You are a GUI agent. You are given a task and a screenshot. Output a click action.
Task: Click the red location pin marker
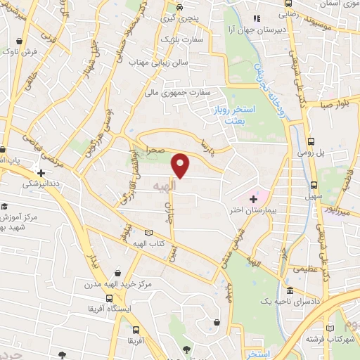tap(181, 165)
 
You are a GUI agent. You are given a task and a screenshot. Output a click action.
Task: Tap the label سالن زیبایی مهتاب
tap(159, 63)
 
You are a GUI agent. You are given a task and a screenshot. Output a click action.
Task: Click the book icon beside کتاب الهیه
tap(148, 233)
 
